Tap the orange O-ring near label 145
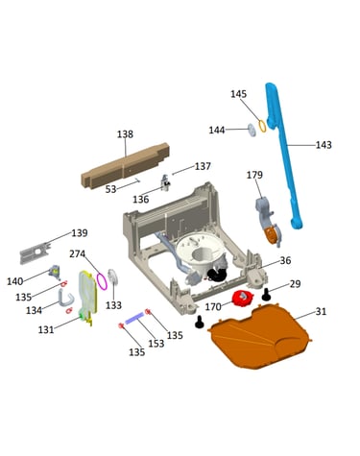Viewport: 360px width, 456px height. click(262, 126)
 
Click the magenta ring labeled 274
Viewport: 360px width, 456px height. click(102, 281)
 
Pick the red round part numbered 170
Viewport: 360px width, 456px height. click(242, 298)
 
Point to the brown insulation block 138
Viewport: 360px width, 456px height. click(125, 166)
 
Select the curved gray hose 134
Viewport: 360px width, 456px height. click(65, 297)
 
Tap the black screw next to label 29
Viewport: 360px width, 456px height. click(266, 294)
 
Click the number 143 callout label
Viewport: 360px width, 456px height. click(324, 145)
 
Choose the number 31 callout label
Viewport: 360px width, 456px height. click(321, 311)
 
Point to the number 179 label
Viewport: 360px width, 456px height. click(254, 175)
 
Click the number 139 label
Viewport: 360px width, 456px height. click(80, 232)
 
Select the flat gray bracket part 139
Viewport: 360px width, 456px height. click(36, 252)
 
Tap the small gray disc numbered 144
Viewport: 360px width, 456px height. click(252, 131)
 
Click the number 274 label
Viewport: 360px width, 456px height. click(78, 253)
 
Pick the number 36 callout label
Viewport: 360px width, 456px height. click(285, 260)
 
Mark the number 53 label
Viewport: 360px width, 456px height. click(110, 189)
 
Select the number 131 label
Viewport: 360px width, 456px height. click(46, 329)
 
